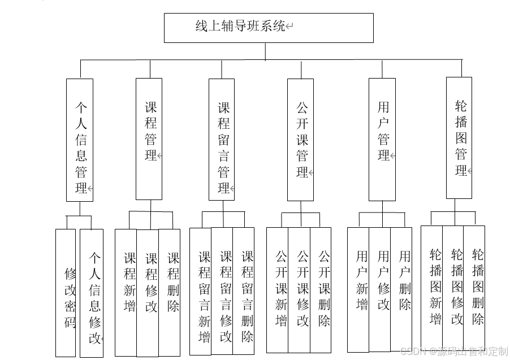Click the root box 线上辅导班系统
[269, 28]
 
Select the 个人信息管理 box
[80, 140]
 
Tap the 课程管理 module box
[149, 138]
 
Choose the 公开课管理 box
[300, 140]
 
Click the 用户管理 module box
[382, 139]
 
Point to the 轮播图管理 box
[459, 138]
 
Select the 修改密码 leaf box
[66, 293]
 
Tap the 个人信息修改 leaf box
[92, 293]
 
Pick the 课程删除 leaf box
[170, 292]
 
